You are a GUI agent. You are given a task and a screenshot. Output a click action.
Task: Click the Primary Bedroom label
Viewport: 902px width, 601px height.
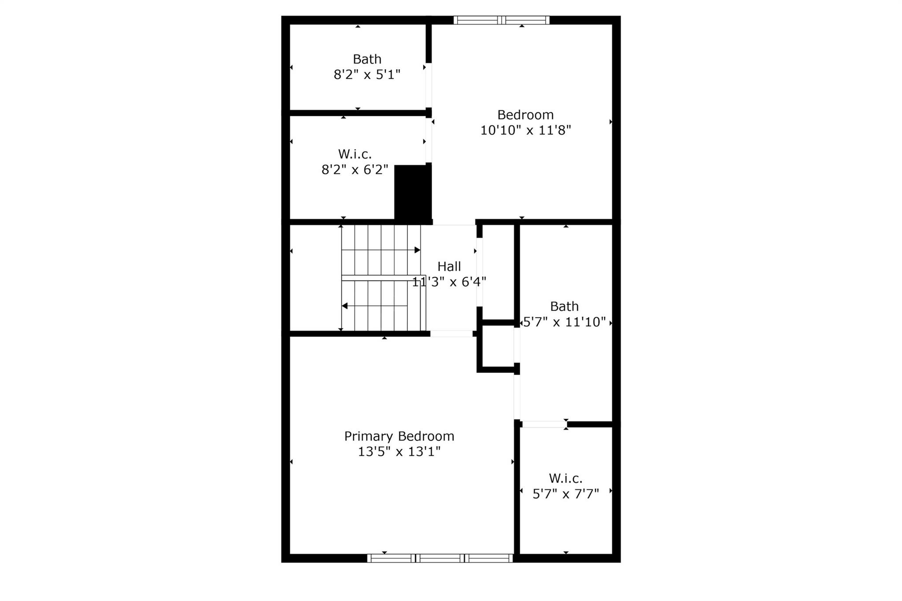tap(399, 436)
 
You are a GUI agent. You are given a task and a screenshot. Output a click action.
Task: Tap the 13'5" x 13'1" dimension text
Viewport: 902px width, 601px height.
tap(399, 452)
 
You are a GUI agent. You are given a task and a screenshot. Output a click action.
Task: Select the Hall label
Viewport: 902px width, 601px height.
tap(449, 266)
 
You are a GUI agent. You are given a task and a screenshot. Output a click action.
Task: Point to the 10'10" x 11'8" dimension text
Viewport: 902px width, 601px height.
tap(525, 130)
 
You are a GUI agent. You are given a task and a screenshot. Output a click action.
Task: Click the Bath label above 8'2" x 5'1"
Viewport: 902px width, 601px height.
tap(367, 59)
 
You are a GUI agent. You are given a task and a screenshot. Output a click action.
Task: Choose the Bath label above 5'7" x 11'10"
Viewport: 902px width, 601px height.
tap(564, 306)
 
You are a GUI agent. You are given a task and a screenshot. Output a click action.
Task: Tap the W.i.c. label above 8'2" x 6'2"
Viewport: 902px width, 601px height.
tap(355, 154)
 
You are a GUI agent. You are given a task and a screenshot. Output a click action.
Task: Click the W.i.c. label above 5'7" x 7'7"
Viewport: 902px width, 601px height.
tap(566, 478)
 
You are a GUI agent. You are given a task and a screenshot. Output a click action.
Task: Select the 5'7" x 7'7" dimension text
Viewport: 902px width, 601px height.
tap(566, 494)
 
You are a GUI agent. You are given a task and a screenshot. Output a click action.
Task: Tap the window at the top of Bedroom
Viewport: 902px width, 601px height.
tap(502, 20)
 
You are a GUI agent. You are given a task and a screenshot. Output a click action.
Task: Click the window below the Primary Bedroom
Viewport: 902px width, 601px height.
tap(440, 558)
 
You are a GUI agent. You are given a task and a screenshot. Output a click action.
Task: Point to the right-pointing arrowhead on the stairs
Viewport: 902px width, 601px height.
tap(417, 250)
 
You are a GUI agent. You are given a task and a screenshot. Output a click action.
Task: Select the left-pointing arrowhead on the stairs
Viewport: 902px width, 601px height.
tap(345, 306)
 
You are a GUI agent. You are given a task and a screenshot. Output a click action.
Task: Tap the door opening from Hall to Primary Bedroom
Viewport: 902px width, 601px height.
tap(451, 334)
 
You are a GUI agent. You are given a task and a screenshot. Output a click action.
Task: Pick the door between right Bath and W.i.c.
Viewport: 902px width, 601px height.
tap(544, 424)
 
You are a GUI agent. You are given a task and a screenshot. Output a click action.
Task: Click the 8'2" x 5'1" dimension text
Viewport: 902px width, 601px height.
tap(367, 75)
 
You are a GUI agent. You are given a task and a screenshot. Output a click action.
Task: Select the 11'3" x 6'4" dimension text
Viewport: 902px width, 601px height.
tap(449, 282)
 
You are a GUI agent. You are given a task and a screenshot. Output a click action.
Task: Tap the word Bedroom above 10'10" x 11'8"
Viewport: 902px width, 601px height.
tap(525, 115)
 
